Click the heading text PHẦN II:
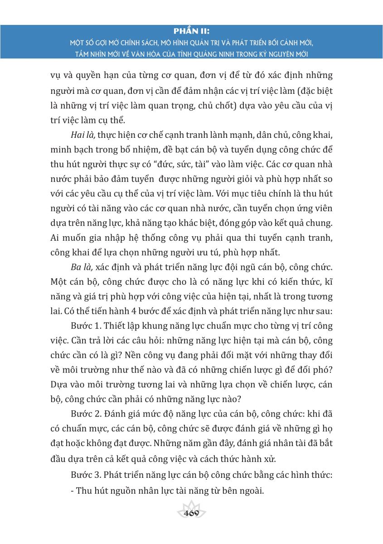[192, 31]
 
